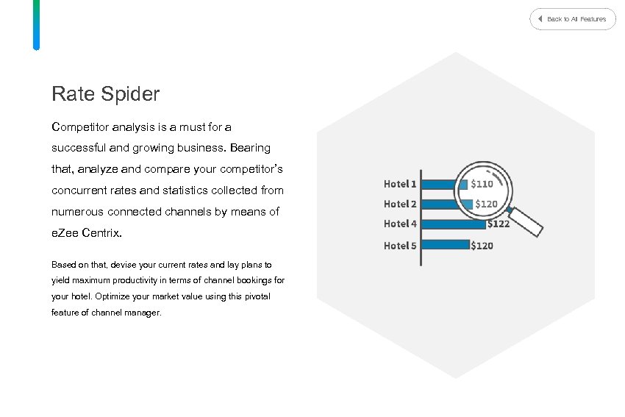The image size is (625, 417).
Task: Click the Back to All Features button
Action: [x=573, y=19]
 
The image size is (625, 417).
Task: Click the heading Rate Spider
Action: [x=105, y=94]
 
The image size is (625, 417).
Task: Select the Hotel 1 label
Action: [x=400, y=184]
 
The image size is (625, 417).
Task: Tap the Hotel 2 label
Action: [x=400, y=204]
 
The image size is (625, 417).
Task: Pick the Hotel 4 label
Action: [x=400, y=224]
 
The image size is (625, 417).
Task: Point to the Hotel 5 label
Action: [x=400, y=246]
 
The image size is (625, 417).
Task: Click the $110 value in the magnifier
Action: [x=482, y=184]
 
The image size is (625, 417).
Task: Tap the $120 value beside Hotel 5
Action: [x=482, y=246]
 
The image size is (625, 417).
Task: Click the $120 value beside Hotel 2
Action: [x=486, y=204]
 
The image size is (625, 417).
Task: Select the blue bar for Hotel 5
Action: [x=445, y=244]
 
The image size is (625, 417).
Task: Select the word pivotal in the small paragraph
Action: [x=257, y=296]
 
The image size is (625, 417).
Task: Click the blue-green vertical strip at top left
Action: [x=36, y=24]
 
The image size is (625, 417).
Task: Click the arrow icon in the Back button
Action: [x=540, y=19]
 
